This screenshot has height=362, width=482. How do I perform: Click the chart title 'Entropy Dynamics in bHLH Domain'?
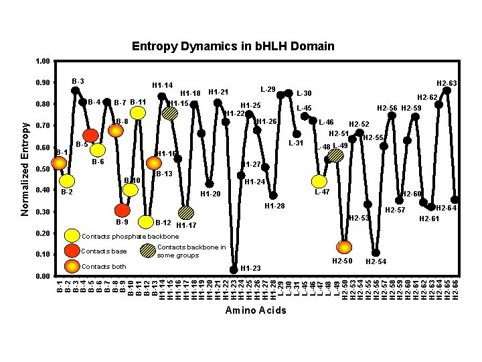pyautogui.click(x=233, y=46)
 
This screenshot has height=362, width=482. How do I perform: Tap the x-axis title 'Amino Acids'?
pyautogui.click(x=255, y=310)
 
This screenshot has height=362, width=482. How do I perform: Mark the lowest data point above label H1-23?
pyautogui.click(x=234, y=269)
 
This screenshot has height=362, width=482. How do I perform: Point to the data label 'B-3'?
pyautogui.click(x=78, y=81)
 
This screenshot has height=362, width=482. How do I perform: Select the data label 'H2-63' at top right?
pyautogui.click(x=447, y=83)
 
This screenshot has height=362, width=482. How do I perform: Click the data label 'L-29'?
pyautogui.click(x=268, y=89)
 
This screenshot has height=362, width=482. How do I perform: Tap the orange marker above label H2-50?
pyautogui.click(x=344, y=247)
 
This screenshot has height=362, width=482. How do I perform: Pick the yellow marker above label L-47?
pyautogui.click(x=320, y=181)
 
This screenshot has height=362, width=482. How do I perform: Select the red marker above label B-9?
pyautogui.click(x=122, y=210)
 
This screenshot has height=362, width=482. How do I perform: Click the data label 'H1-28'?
pyautogui.click(x=274, y=206)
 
